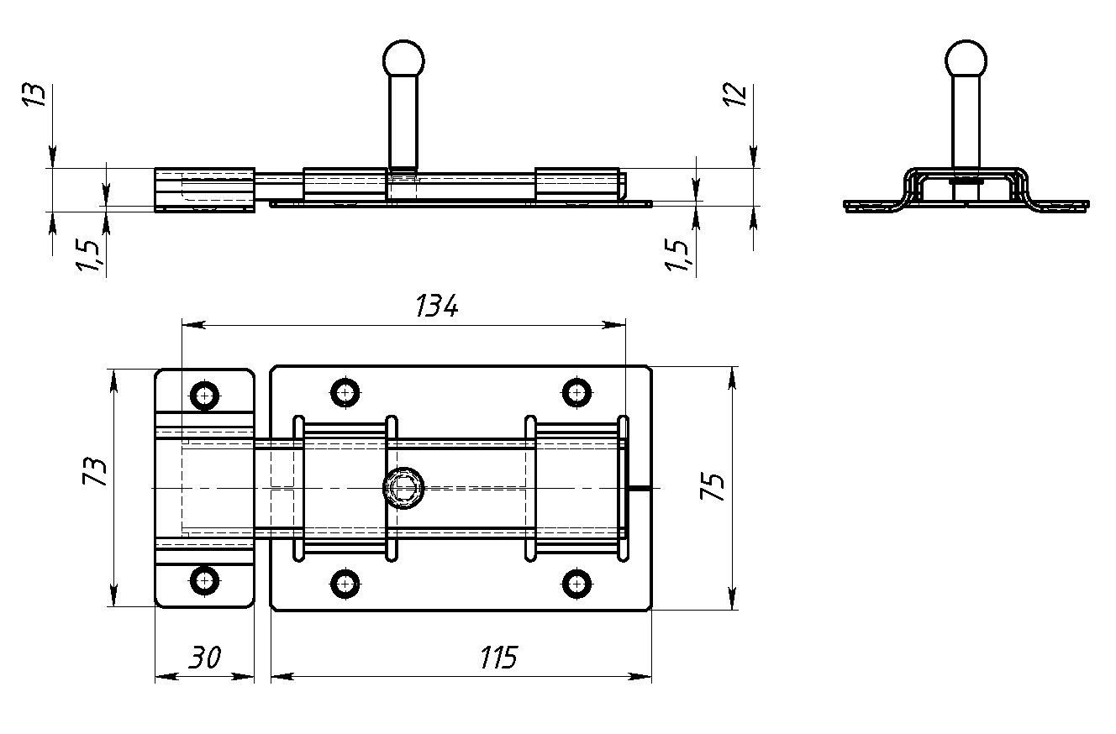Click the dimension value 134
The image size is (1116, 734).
coord(437,307)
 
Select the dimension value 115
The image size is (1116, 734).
coord(499,658)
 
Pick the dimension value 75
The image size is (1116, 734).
coord(713,487)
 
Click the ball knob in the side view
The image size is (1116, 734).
coord(403,58)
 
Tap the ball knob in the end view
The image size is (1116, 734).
coord(965,59)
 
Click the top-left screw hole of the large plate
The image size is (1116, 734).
coord(345,392)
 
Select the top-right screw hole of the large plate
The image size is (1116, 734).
coord(576,392)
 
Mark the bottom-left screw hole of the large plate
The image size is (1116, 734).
coord(345,581)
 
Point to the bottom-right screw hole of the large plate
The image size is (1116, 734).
coord(576,581)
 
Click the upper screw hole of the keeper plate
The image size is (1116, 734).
coord(204,394)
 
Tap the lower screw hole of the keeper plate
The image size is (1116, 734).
coord(204,579)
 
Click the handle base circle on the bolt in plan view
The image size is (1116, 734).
coord(404,487)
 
